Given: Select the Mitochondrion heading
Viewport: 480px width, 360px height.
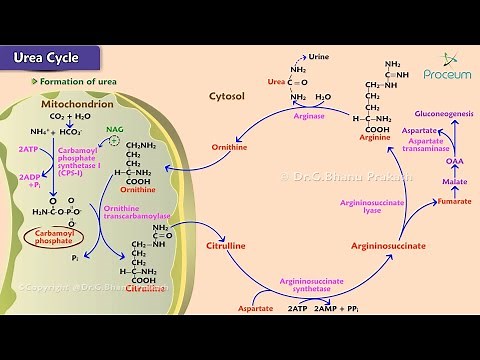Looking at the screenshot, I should pyautogui.click(x=79, y=104).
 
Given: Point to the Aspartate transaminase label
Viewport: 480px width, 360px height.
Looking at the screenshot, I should pyautogui.click(x=423, y=136).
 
